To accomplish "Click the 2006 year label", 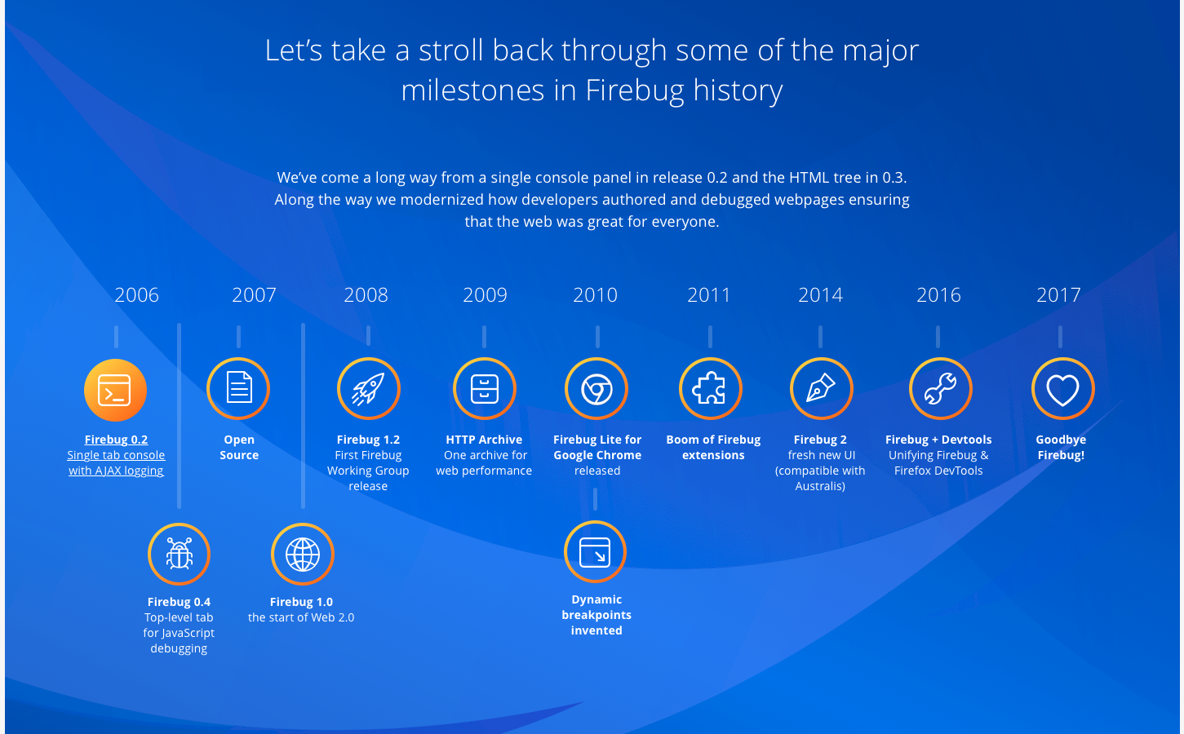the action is coord(136,295).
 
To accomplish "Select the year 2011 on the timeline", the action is coord(709,295).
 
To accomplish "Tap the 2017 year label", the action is coord(1058,295).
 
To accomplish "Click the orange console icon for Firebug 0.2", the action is coord(115,390).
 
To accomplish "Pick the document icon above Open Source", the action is coord(238,388).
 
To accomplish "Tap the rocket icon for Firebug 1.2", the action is coord(368,388).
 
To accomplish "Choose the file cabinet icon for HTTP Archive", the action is coord(484,388).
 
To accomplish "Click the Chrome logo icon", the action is coord(596,388).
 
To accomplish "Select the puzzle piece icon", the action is coord(711,388).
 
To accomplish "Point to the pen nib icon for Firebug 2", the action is coord(822,388).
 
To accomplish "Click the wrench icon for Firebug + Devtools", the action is coord(940,388).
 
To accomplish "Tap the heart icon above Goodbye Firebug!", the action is coord(1062,388).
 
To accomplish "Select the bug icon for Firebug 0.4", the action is coord(180,554).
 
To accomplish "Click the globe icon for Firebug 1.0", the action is coord(303,554).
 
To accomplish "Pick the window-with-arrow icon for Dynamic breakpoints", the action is coord(595,551).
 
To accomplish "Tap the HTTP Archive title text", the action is coord(484,440).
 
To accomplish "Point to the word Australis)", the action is coord(820,486).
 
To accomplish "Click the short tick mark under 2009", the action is coord(484,337).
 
